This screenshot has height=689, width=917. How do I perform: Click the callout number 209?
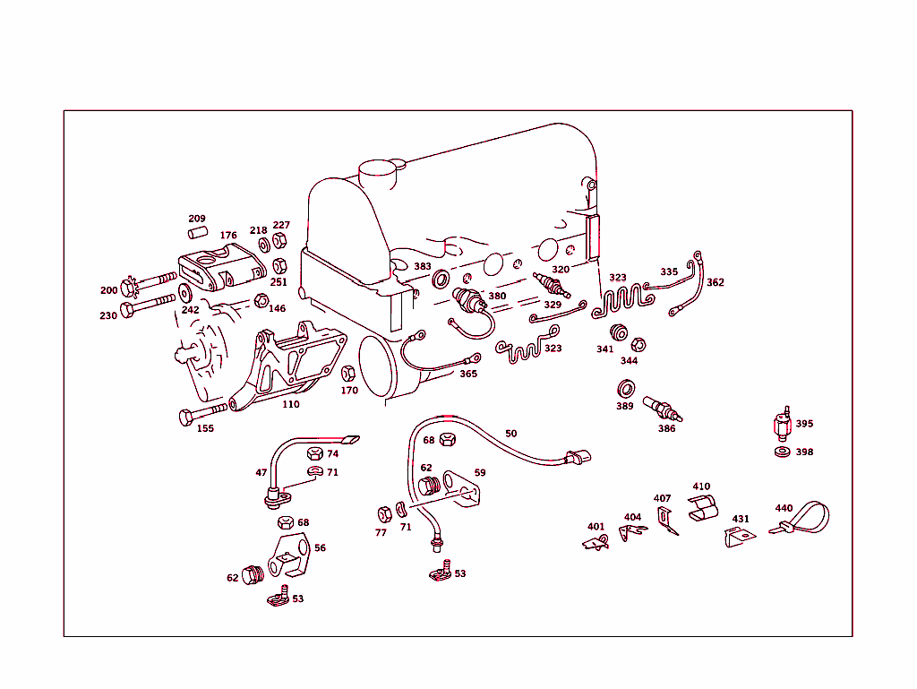[197, 219]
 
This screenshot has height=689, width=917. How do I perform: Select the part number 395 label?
[804, 424]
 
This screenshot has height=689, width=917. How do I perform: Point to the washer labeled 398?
[782, 451]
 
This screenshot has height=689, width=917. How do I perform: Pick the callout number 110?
[291, 404]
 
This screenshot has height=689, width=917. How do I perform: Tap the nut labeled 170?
[349, 374]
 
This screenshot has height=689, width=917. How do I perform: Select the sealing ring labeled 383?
[441, 280]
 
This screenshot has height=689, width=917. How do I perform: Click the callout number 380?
[497, 296]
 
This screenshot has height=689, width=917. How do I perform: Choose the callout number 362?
[716, 282]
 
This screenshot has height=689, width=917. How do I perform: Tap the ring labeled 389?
[627, 389]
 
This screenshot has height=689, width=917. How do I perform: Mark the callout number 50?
[510, 434]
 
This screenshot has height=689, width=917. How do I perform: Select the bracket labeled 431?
[737, 538]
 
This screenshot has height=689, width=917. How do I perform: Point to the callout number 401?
[596, 527]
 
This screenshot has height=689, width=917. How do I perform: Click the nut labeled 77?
[382, 513]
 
